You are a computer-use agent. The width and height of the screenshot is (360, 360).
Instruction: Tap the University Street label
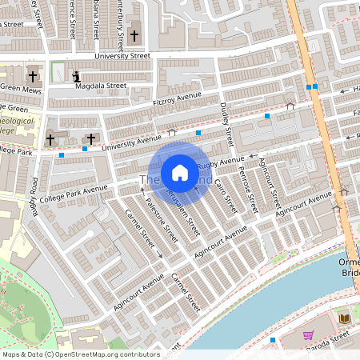click(x=122, y=57)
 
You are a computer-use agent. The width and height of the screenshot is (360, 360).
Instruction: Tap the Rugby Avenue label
click(x=219, y=164)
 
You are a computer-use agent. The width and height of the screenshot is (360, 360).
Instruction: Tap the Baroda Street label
click(x=347, y=338)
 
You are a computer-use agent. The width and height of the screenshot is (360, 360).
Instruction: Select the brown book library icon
click(x=345, y=318)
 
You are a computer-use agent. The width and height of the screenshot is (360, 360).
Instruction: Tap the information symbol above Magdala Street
click(x=77, y=77)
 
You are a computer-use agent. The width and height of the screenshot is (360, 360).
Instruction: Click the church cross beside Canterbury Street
click(x=134, y=36)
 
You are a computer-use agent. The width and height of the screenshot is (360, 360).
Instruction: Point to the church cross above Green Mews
click(x=33, y=77)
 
